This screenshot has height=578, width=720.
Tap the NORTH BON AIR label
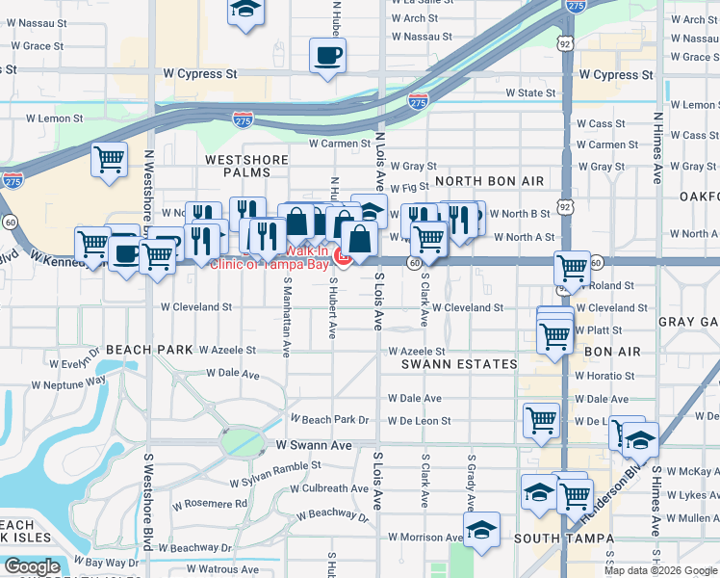click(x=490, y=181)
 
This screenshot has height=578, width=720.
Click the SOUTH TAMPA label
click(x=555, y=537)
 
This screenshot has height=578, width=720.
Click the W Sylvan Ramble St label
click(x=274, y=473)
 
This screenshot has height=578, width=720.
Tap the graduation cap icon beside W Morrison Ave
click(x=481, y=528)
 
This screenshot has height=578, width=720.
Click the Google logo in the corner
click(x=32, y=566)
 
